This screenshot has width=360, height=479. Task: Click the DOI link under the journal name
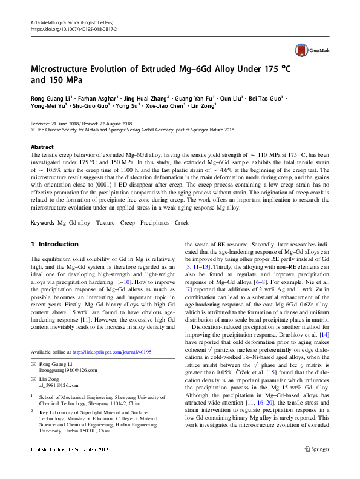click(73, 28)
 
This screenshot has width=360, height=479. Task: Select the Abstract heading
click(42, 147)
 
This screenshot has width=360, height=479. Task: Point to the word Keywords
click(42, 206)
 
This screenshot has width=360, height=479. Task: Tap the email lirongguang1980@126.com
click(68, 369)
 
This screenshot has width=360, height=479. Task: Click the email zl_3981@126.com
click(59, 385)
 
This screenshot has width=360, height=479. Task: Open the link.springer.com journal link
click(111, 352)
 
